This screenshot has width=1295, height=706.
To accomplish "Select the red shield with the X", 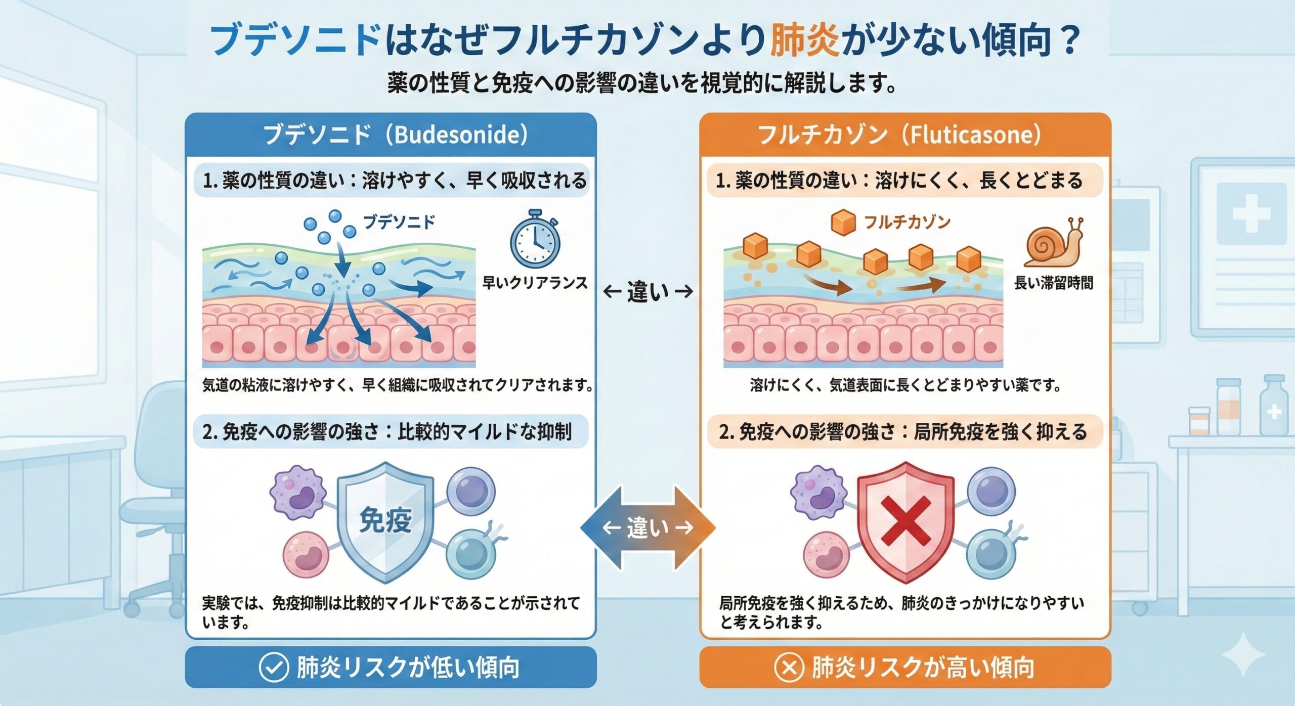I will click(905, 521).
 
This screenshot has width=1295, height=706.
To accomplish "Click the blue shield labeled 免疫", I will click(385, 521).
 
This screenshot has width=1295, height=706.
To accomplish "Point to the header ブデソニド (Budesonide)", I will click(395, 135).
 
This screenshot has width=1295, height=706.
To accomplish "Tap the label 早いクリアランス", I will click(535, 283).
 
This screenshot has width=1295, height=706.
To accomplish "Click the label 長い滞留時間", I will click(1054, 283).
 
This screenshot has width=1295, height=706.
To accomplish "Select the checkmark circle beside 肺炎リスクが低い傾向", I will click(274, 667).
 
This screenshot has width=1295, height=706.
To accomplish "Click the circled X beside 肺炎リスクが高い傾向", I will click(789, 667).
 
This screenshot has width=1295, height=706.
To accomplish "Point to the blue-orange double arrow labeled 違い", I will click(647, 528).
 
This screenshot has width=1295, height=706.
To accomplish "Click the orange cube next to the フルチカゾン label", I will click(843, 223).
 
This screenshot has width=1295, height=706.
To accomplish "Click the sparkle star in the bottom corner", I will click(1244, 654).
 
